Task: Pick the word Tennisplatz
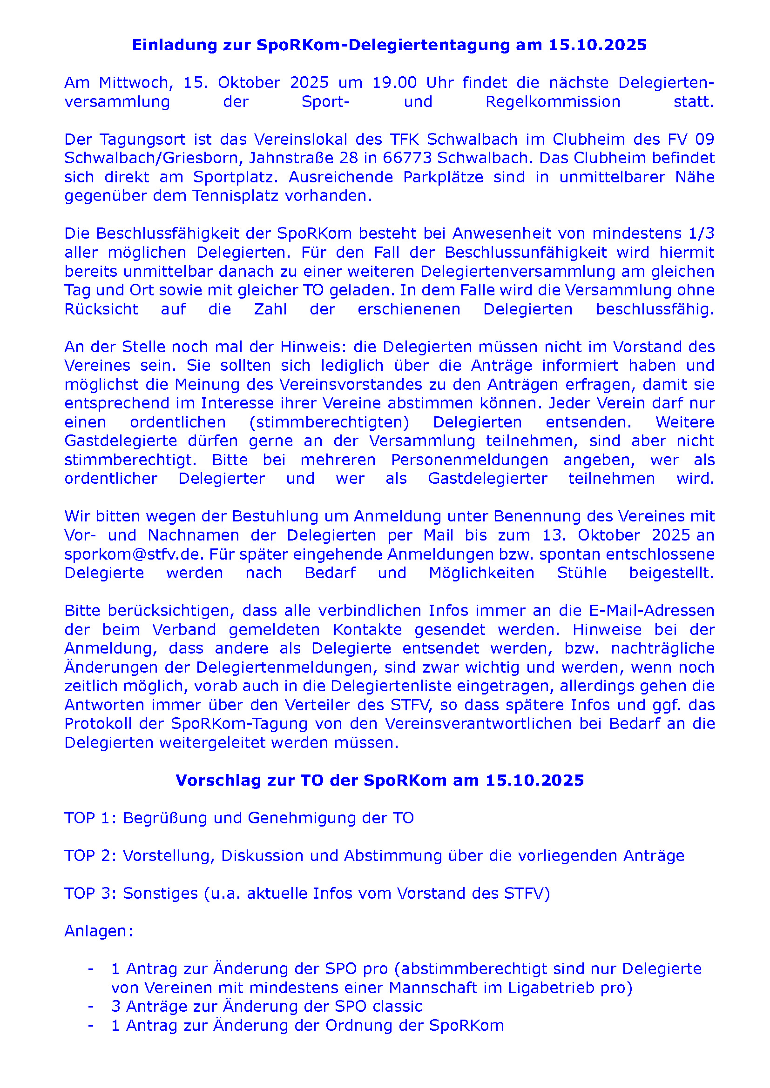point(235,196)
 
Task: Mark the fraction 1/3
point(701,234)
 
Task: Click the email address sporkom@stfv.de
point(134,554)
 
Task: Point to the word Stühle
point(581,573)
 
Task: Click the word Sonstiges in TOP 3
point(160,893)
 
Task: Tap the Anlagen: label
point(99,931)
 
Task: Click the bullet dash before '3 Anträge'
point(91,1007)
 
